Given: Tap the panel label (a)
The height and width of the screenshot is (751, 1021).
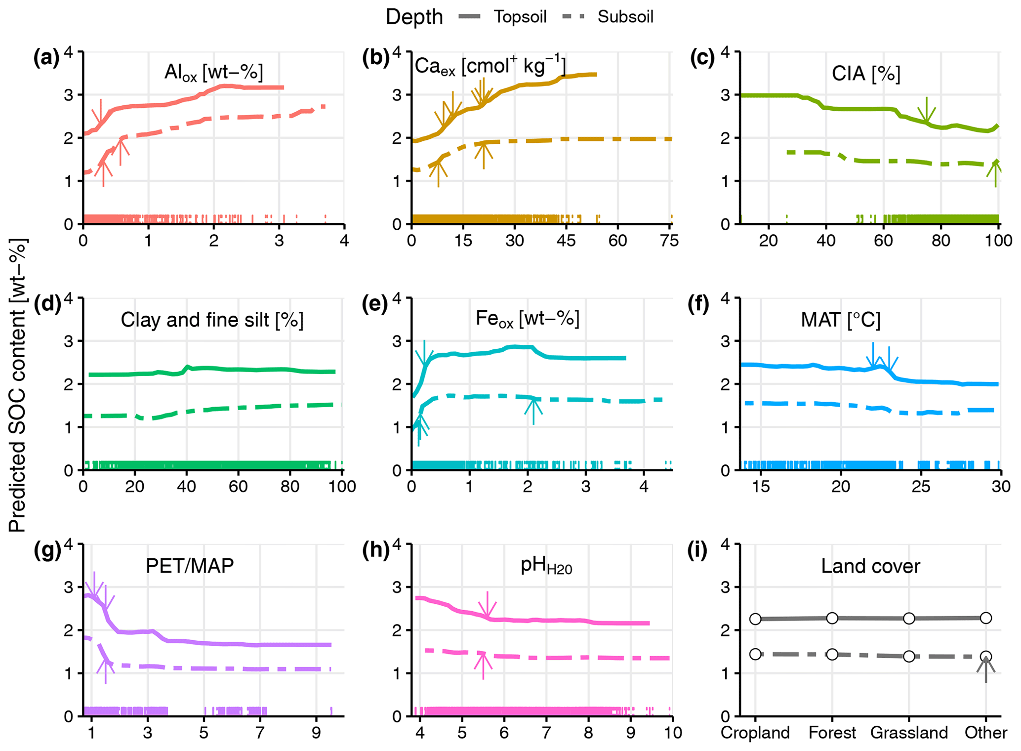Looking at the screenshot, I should click(x=46, y=58).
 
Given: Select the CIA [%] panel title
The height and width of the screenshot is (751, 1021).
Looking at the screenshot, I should click(x=865, y=74).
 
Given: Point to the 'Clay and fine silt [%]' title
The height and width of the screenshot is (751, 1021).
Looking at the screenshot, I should click(x=212, y=320).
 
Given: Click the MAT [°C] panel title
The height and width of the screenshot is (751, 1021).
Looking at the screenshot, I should click(x=840, y=320).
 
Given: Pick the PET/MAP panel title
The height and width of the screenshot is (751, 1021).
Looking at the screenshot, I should click(x=190, y=566).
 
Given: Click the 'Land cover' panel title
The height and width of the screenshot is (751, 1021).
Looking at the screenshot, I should click(x=870, y=566).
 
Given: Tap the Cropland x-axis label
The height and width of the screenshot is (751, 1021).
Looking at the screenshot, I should click(x=755, y=732).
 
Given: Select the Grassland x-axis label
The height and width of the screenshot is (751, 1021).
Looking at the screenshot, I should click(x=909, y=732).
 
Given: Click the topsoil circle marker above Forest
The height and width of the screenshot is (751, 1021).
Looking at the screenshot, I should click(x=832, y=618).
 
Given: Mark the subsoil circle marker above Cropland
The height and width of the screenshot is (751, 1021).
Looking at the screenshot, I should click(x=755, y=654).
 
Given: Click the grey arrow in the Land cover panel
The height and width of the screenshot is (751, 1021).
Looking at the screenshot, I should click(x=986, y=669).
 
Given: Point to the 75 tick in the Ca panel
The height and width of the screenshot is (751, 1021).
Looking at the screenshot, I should click(x=669, y=241).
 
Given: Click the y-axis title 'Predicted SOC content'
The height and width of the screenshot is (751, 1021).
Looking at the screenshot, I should click(x=17, y=385).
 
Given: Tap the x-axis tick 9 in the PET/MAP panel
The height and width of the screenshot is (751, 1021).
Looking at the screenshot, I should click(x=317, y=732).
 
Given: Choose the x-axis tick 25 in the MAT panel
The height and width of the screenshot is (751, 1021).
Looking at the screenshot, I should click(x=921, y=487).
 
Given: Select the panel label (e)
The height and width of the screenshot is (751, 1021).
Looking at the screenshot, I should click(x=375, y=304).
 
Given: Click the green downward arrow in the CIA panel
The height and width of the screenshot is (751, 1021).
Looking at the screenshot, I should click(x=926, y=110).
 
